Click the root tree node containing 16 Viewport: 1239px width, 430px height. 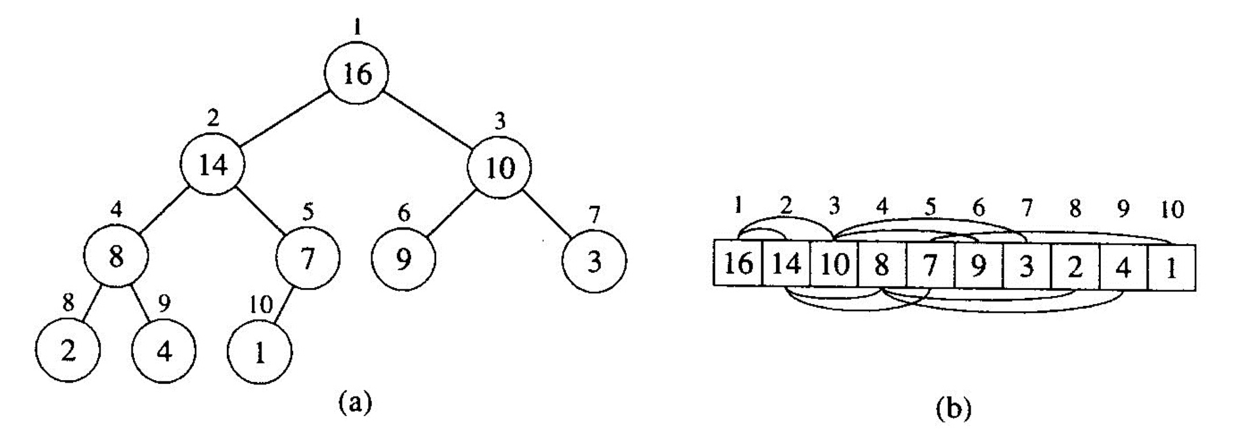point(357,73)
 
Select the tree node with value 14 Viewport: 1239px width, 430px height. point(213,165)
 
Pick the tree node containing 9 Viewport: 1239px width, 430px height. point(403,259)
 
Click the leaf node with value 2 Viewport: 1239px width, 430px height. point(67,351)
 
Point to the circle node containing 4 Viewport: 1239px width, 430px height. point(164,351)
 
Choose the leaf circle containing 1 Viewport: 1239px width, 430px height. point(260,352)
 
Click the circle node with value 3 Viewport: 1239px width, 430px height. point(594,261)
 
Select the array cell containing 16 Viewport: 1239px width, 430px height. point(739,265)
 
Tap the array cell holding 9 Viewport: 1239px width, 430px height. point(978,265)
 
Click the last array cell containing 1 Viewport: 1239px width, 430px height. point(1172,268)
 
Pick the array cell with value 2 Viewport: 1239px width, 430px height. point(1075,266)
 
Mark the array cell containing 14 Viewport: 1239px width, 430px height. point(787,265)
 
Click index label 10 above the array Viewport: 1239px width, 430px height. point(1172,210)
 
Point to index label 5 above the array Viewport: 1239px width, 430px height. point(930,208)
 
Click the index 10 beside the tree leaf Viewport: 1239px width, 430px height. point(261,305)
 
